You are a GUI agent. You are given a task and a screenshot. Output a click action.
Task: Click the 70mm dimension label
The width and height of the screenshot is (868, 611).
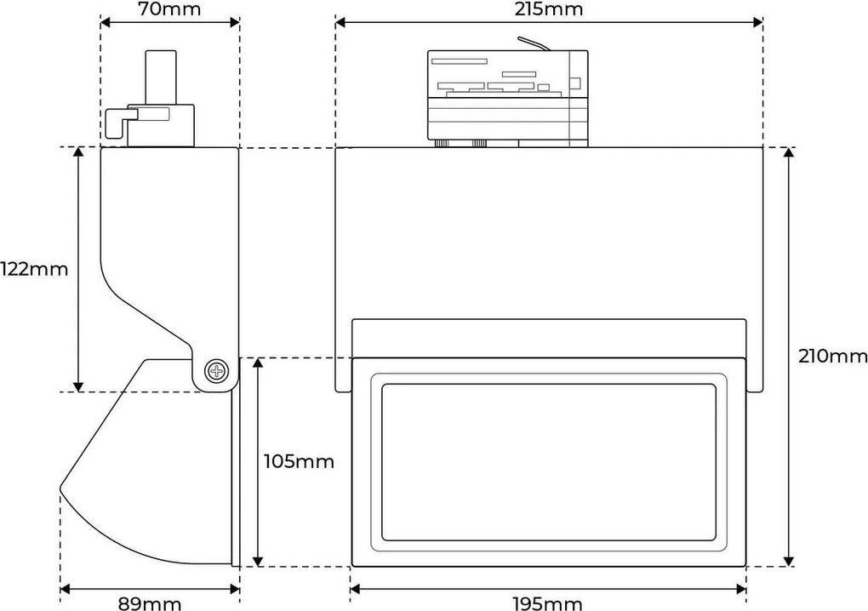(169, 9)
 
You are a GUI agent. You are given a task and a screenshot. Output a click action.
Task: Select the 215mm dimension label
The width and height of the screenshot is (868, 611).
(549, 9)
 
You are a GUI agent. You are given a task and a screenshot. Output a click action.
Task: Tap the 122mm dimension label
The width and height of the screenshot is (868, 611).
(34, 269)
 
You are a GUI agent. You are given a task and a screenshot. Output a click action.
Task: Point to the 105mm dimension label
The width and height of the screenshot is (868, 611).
(299, 461)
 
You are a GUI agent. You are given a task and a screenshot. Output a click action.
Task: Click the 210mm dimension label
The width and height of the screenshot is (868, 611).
(832, 356)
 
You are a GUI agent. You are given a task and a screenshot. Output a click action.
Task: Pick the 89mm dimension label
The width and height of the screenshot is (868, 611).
(150, 603)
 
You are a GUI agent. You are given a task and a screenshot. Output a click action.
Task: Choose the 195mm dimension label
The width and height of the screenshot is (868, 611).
(547, 603)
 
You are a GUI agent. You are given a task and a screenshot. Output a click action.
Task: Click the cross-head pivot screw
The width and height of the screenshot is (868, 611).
(216, 371)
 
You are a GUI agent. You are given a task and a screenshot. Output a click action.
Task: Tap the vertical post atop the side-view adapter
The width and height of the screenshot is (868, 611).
(161, 77)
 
